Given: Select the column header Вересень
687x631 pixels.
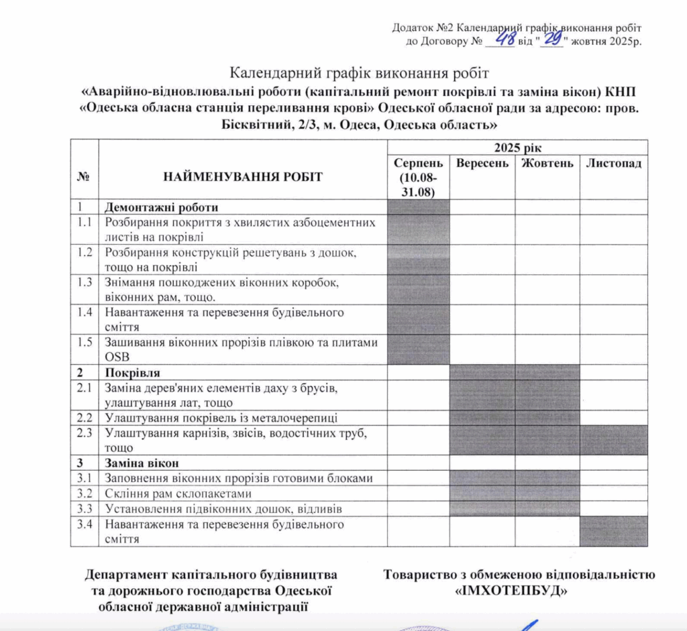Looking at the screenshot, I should pyautogui.click(x=482, y=164).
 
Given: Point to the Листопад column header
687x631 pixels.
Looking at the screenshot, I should pyautogui.click(x=614, y=164).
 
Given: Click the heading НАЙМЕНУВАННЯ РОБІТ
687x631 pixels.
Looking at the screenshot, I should pyautogui.click(x=243, y=177).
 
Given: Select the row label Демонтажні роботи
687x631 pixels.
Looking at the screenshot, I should pyautogui.click(x=162, y=207).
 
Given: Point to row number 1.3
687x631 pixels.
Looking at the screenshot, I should pyautogui.click(x=85, y=282).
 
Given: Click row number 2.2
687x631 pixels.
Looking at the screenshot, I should pyautogui.click(x=85, y=418).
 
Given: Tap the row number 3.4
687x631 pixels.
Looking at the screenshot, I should pyautogui.click(x=85, y=524).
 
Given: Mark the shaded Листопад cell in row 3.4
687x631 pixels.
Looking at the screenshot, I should pyautogui.click(x=613, y=531).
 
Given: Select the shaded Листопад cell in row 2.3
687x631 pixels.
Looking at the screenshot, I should pyautogui.click(x=613, y=440).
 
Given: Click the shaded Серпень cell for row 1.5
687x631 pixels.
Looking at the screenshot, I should pyautogui.click(x=418, y=349).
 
